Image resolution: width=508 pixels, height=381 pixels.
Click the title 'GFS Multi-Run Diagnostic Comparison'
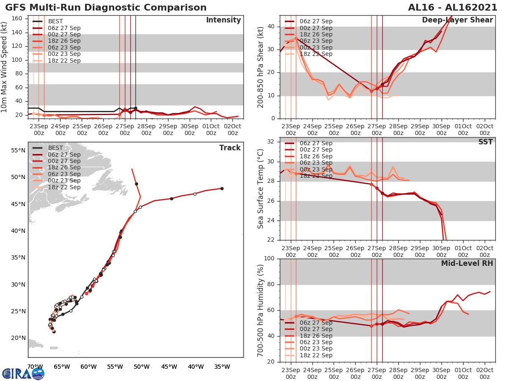point(106,8)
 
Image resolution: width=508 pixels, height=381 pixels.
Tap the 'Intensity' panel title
point(223,20)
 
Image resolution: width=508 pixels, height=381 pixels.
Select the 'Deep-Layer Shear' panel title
point(457,20)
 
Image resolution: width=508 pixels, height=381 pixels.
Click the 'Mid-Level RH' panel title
point(467,264)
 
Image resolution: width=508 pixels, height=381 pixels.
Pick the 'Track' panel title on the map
point(230,148)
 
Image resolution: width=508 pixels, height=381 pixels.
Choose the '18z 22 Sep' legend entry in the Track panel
point(64,187)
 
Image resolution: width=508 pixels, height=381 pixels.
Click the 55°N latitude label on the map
point(18,150)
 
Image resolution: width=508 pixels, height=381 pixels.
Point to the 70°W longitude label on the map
point(35,367)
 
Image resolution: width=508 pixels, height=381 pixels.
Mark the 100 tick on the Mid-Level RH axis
point(270,259)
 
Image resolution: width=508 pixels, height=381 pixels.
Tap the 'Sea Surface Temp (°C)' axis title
point(261,188)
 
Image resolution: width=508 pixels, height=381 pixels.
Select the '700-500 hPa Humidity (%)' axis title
point(261,310)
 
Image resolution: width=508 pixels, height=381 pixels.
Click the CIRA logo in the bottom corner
point(23,373)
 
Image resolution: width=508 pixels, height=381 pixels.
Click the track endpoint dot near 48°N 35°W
point(222,188)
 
